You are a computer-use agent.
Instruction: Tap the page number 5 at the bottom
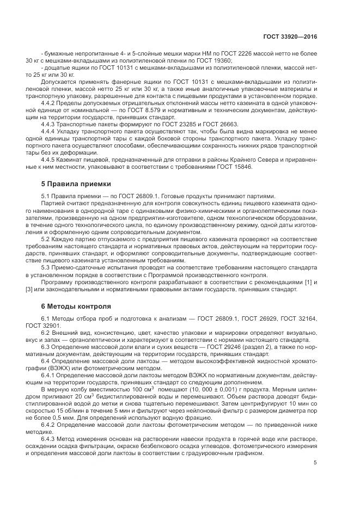pyautogui.click(x=315, y=463)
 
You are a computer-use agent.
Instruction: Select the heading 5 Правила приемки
pyautogui.click(x=76, y=184)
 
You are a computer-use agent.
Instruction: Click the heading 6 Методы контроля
pyautogui.click(x=76, y=306)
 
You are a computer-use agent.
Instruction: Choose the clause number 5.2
pyautogui.click(x=46, y=238)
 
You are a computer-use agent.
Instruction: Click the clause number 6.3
pyautogui.click(x=46, y=347)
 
